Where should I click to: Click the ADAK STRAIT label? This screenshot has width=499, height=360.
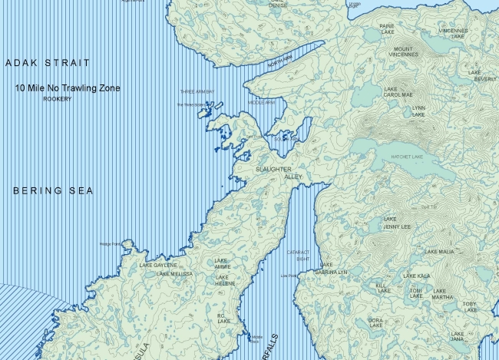point(47,62)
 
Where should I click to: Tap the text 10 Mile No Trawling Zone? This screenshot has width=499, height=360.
point(68,88)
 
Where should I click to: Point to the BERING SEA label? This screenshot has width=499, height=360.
point(52,190)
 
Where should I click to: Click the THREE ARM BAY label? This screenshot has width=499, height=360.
point(197,92)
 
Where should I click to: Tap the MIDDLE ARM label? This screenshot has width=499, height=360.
point(261,102)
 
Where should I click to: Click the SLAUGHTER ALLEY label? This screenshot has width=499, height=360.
point(279,173)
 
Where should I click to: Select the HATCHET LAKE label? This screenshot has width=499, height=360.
point(407,157)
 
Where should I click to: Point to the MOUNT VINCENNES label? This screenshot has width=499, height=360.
point(402,52)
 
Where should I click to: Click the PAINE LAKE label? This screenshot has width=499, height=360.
point(387,28)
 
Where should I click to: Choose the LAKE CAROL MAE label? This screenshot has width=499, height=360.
point(398,91)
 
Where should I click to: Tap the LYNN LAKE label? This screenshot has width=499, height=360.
point(418,111)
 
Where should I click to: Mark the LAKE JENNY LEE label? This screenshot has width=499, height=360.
point(396,223)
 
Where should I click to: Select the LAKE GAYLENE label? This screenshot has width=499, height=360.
point(157,265)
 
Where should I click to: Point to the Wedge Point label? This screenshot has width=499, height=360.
point(111,245)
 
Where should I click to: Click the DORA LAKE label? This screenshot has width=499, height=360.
point(375,322)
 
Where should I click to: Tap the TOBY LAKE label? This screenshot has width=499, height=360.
point(470,307)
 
